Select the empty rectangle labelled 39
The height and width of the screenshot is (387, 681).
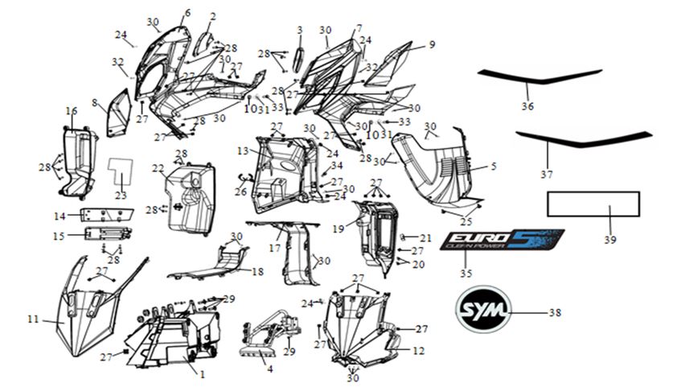(x=593, y=204)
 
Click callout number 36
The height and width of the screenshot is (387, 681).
(x=527, y=105)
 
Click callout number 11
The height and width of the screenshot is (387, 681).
(x=33, y=319)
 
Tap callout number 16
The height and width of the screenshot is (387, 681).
(x=71, y=111)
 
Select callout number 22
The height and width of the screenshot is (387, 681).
(x=158, y=168)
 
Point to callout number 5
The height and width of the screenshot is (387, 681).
(x=493, y=167)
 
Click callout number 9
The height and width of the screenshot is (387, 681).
(x=432, y=45)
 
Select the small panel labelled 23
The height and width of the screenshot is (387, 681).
(x=119, y=169)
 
